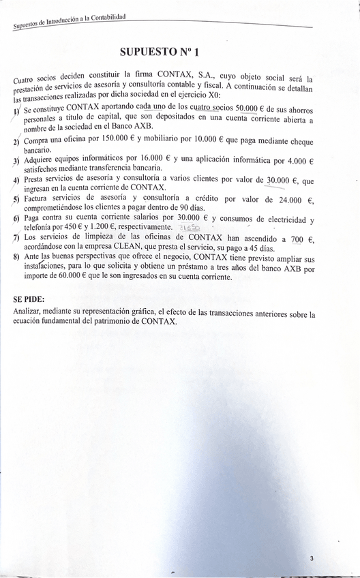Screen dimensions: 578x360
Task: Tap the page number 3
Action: pos(311,558)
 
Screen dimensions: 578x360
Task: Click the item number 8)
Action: pos(17,257)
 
